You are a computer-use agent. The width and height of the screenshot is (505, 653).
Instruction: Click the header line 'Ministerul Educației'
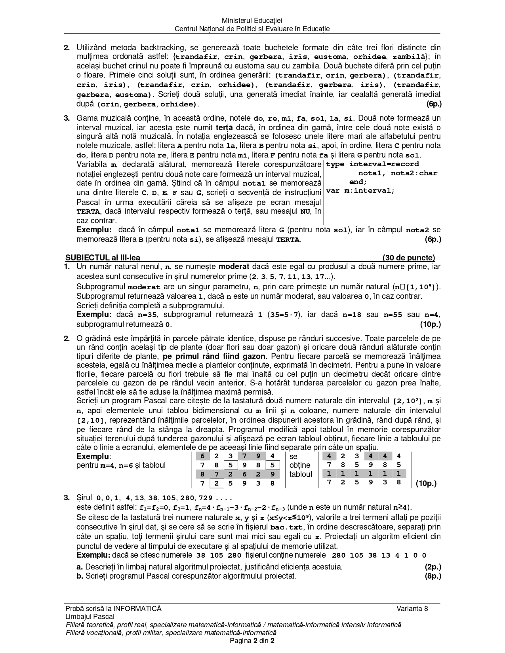(252, 20)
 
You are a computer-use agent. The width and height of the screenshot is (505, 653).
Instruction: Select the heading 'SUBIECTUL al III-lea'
(102, 258)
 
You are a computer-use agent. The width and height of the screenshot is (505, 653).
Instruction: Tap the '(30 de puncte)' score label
(408, 258)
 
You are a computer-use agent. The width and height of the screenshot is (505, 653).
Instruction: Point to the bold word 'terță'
(225, 128)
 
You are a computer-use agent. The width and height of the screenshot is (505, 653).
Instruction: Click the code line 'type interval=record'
(372, 164)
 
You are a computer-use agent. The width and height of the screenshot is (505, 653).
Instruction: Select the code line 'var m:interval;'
(360, 191)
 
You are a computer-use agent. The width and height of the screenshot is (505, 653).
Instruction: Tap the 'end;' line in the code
(358, 182)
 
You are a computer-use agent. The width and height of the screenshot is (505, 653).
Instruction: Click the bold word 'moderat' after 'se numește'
(234, 267)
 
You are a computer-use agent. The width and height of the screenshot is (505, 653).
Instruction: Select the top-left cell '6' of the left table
(202, 456)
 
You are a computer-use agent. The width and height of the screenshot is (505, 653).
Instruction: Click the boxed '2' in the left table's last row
(216, 483)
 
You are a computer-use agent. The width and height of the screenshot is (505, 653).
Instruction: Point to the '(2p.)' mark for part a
(433, 567)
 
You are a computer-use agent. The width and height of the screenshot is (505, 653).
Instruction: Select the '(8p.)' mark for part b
(433, 576)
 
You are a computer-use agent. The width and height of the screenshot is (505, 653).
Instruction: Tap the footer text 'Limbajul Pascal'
(90, 617)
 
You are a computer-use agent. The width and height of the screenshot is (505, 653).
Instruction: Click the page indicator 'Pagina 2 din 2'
(252, 641)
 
